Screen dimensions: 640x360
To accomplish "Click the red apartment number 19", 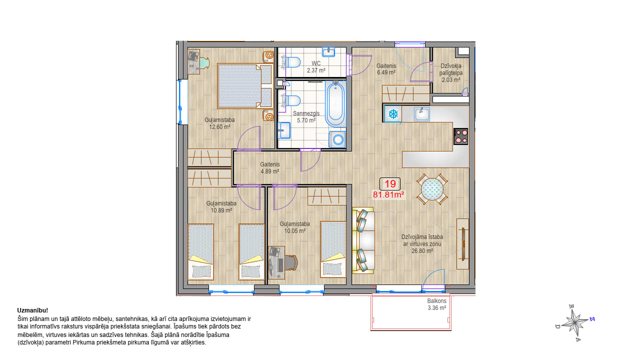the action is pyautogui.click(x=390, y=184).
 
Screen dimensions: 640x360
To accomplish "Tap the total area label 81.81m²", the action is pyautogui.click(x=388, y=194).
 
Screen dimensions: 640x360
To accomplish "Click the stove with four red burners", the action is pyautogui.click(x=461, y=136).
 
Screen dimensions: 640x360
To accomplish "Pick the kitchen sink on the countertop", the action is pyautogui.click(x=421, y=114).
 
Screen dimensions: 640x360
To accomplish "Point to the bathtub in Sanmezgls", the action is pyautogui.click(x=335, y=103).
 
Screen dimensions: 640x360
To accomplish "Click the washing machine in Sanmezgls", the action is pyautogui.click(x=337, y=139).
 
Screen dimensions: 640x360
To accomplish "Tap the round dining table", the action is pyautogui.click(x=432, y=189).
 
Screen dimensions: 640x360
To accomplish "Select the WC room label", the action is pyautogui.click(x=316, y=63).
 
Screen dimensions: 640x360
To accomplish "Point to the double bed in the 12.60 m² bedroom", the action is pyautogui.click(x=245, y=86).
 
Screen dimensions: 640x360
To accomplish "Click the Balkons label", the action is pyautogui.click(x=436, y=301).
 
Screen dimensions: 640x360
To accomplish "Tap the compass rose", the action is pyautogui.click(x=574, y=323).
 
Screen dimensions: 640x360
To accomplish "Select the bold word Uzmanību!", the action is pyautogui.click(x=32, y=310).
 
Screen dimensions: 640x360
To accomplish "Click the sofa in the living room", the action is pyautogui.click(x=363, y=240).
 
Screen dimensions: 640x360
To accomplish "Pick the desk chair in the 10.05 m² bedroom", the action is pyautogui.click(x=291, y=262).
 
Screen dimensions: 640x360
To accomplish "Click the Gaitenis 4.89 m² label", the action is pyautogui.click(x=269, y=168).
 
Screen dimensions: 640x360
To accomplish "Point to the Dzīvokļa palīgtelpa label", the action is pyautogui.click(x=451, y=73).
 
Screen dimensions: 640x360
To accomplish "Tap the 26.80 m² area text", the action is pyautogui.click(x=422, y=251).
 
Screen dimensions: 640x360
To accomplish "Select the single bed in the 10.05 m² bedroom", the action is pyautogui.click(x=333, y=249).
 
